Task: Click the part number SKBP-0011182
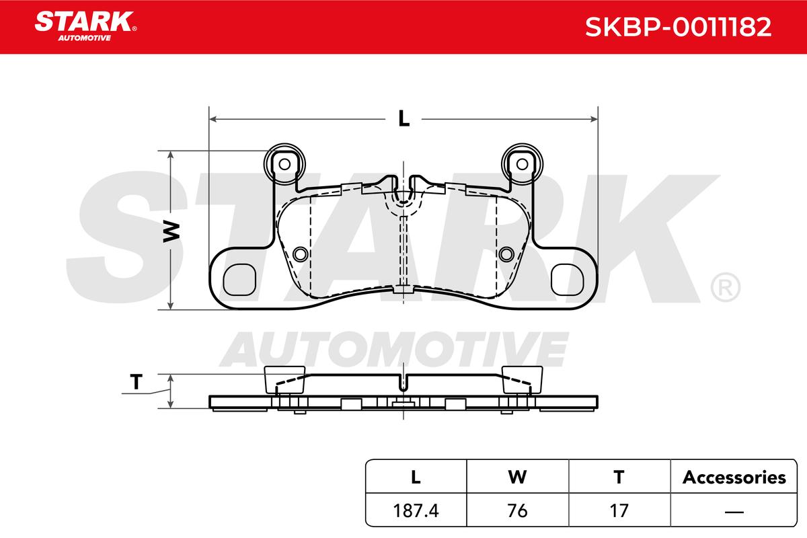(678, 27)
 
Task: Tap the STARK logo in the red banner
(85, 26)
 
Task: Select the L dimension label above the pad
(404, 118)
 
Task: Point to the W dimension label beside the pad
(171, 232)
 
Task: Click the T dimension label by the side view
(136, 382)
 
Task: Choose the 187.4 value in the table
(416, 510)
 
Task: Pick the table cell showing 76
(517, 510)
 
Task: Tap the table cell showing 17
(619, 510)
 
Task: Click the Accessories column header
(734, 477)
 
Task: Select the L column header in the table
(416, 477)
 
